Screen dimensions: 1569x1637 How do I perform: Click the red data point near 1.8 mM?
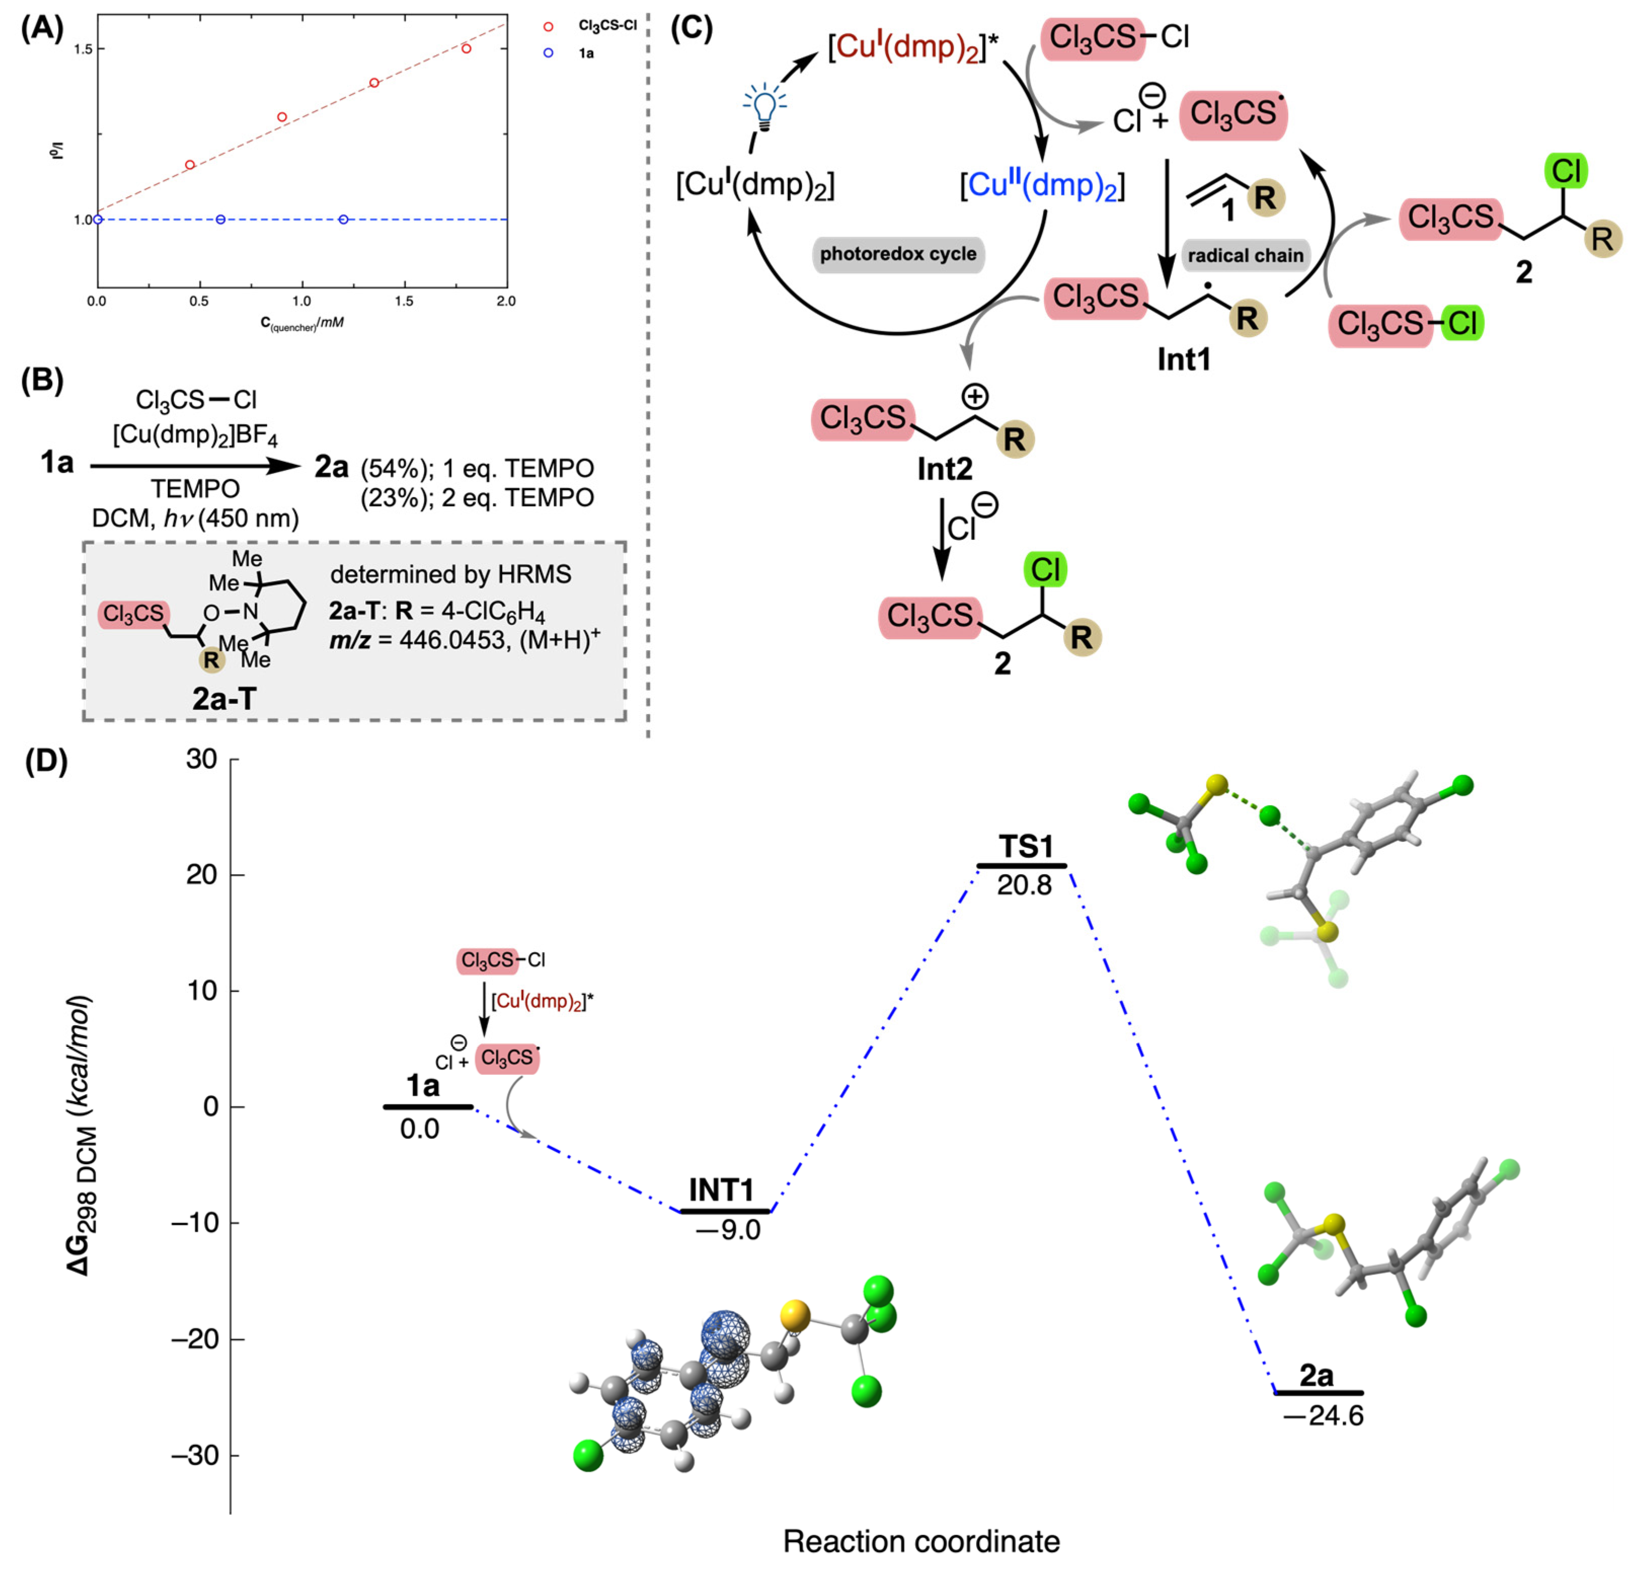tap(466, 49)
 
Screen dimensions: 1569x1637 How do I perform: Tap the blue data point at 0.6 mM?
tap(220, 220)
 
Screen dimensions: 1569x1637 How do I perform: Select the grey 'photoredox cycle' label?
tap(898, 254)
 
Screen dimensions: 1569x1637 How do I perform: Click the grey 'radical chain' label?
tap(1245, 255)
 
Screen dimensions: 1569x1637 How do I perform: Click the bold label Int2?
tap(945, 469)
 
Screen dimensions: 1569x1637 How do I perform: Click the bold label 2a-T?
tap(224, 698)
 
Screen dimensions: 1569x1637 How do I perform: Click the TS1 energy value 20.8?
tap(1024, 885)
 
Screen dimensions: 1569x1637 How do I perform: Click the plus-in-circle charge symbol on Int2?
tap(975, 396)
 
